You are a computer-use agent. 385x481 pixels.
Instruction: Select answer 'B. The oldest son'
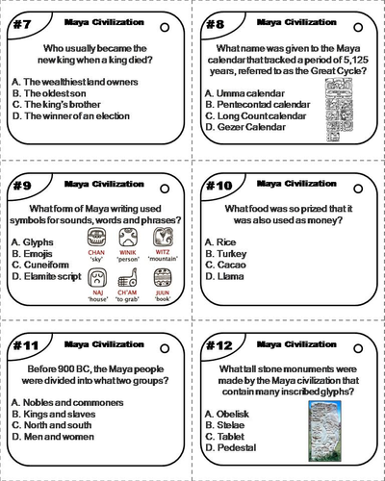click(x=54, y=92)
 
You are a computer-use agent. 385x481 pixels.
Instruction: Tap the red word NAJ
click(x=98, y=299)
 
